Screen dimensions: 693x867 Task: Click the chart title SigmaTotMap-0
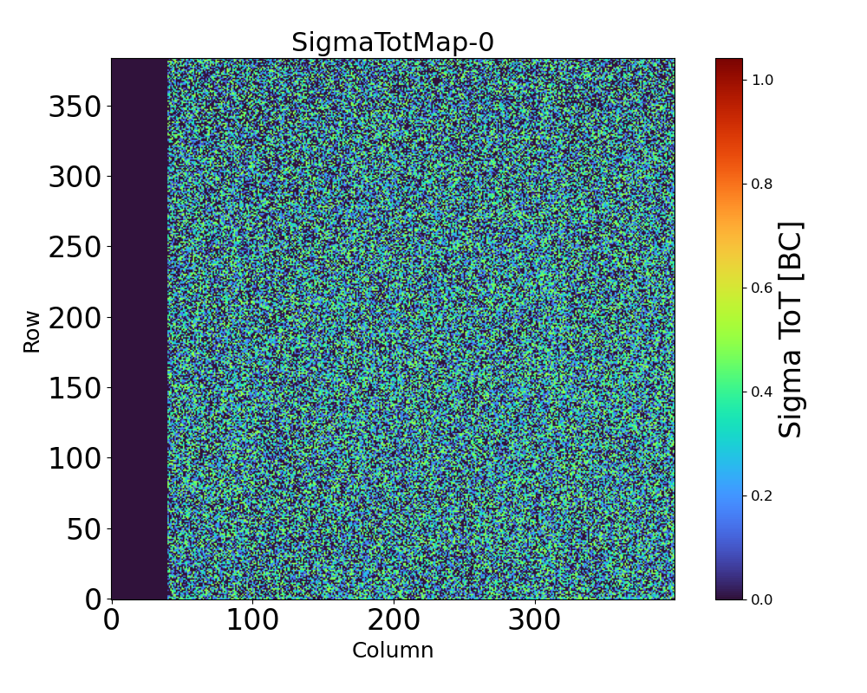(x=392, y=42)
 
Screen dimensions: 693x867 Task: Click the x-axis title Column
(x=392, y=651)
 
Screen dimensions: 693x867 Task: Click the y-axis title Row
(x=32, y=333)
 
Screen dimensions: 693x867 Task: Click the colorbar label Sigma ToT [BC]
(x=790, y=329)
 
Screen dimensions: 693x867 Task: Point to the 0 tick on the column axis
(x=112, y=619)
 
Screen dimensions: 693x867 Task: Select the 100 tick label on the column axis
(x=252, y=619)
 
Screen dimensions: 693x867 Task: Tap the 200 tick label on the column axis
(x=394, y=619)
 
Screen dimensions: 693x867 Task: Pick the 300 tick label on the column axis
(x=534, y=619)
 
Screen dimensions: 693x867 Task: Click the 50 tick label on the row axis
(x=84, y=528)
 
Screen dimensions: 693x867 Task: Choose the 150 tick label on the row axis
(x=75, y=388)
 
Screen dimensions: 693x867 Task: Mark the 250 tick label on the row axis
(x=75, y=247)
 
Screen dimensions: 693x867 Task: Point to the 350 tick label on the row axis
(x=75, y=107)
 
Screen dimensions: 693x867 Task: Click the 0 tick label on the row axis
(x=93, y=599)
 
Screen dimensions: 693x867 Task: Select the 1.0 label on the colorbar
(x=763, y=80)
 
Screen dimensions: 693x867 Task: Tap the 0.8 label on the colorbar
(x=763, y=184)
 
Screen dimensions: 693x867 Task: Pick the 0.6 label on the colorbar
(x=763, y=288)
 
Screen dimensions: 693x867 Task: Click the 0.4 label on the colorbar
(x=763, y=392)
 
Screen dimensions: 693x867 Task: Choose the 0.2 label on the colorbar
(x=763, y=495)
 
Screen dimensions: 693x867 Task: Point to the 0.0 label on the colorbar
(x=763, y=599)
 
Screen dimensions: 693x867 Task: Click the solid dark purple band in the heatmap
(x=139, y=329)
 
